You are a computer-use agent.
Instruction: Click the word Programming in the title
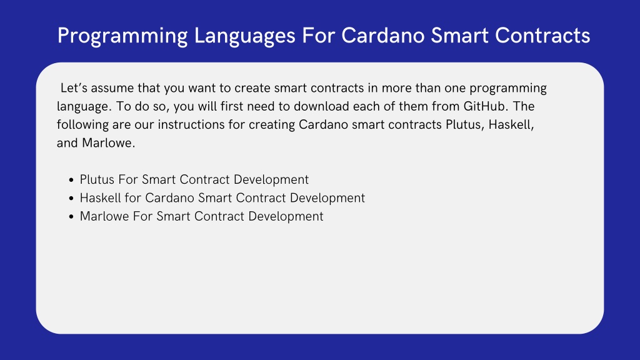tap(122, 36)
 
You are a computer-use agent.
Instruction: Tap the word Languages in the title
tap(244, 36)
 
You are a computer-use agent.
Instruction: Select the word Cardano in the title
tap(383, 36)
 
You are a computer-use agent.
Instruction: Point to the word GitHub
tap(485, 106)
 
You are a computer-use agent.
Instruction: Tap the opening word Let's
tap(74, 88)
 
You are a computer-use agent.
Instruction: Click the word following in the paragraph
tap(82, 125)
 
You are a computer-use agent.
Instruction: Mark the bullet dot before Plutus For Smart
tap(71, 180)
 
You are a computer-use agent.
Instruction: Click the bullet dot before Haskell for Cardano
tap(71, 198)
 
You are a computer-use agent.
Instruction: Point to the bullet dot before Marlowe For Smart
tap(71, 217)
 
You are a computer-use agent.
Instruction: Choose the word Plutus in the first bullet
tap(97, 179)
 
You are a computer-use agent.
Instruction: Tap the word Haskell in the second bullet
tap(101, 198)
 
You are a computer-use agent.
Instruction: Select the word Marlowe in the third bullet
tap(104, 216)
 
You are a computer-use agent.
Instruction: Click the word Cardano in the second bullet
tap(169, 198)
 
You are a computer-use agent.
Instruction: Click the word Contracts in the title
tap(542, 36)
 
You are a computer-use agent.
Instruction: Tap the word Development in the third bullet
tap(286, 217)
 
